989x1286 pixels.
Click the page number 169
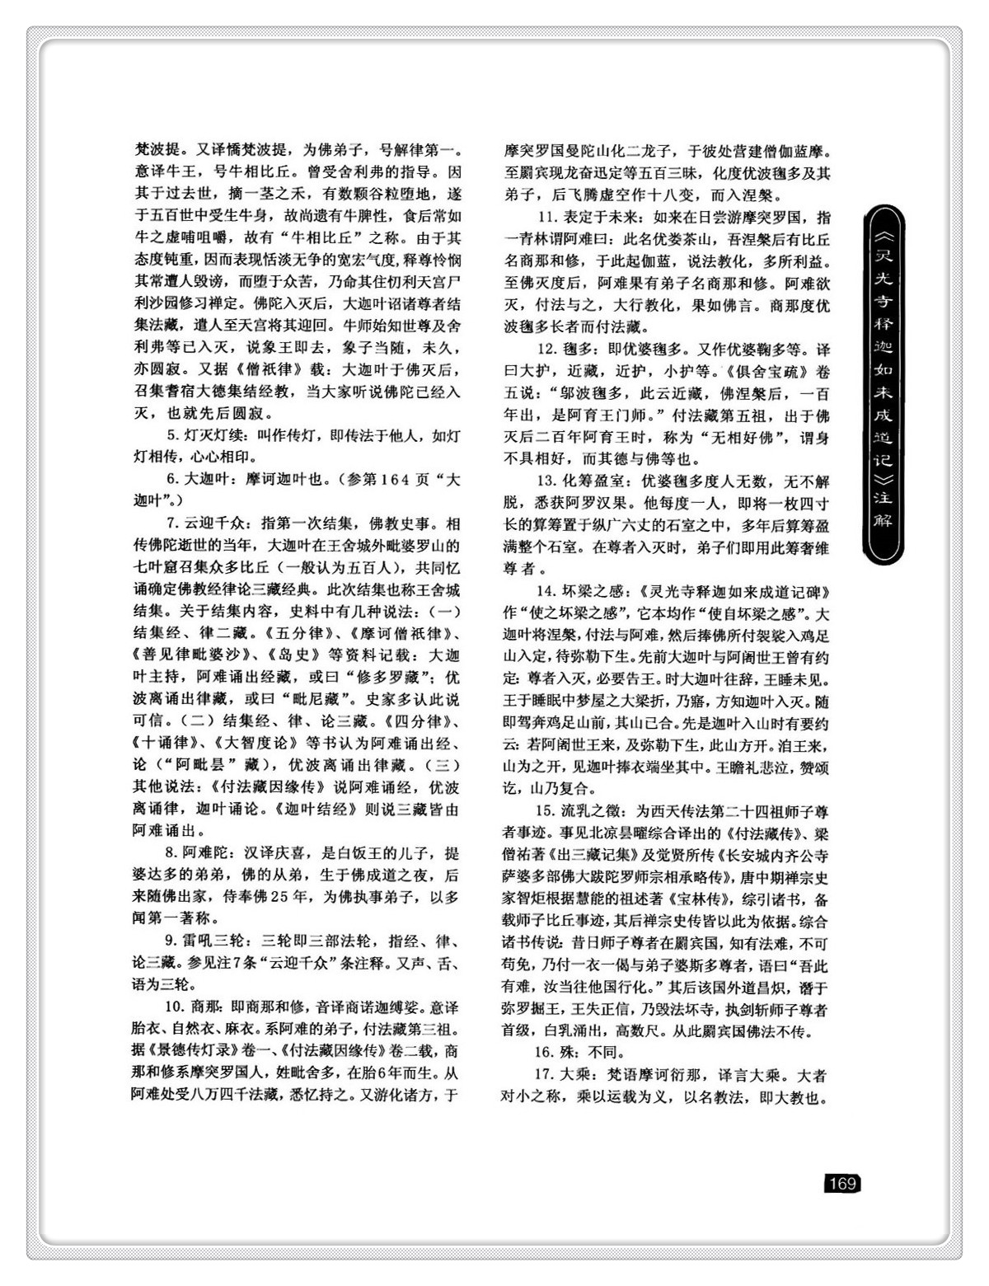(x=841, y=1184)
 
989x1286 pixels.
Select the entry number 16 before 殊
(x=543, y=1052)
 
